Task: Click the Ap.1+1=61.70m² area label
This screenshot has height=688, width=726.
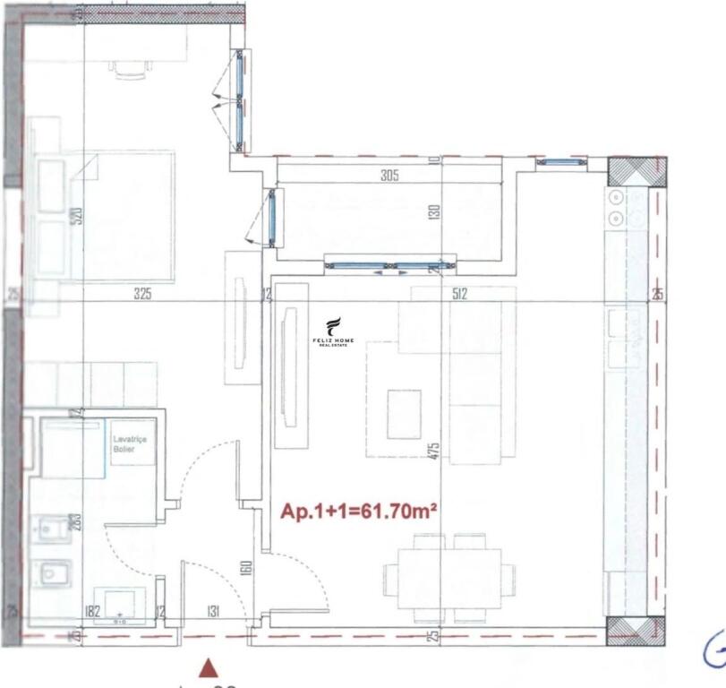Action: tap(359, 512)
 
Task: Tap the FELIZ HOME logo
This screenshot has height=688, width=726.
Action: tap(334, 332)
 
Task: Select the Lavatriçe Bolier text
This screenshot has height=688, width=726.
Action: tap(125, 444)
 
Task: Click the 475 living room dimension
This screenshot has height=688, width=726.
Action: tap(434, 451)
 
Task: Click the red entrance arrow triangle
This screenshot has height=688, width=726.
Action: tap(209, 666)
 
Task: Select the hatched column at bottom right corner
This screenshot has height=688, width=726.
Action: tap(629, 631)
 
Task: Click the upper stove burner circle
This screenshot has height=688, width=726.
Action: tap(616, 197)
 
